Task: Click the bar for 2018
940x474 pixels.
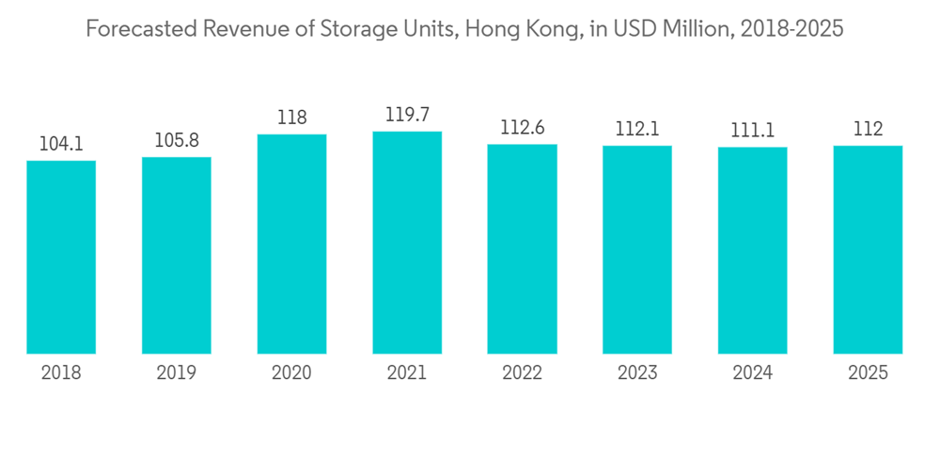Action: pyautogui.click(x=61, y=257)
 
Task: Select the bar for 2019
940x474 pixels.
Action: pyautogui.click(x=177, y=255)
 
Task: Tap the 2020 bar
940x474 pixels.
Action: pyautogui.click(x=291, y=244)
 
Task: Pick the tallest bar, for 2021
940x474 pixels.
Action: pyautogui.click(x=407, y=242)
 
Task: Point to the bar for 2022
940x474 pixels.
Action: pyautogui.click(x=522, y=248)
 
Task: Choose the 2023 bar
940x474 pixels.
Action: pyautogui.click(x=637, y=249)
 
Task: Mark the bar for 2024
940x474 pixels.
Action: pyautogui.click(x=753, y=250)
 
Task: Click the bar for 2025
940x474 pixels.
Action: pyautogui.click(x=868, y=249)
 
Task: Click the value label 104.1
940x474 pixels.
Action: pyautogui.click(x=61, y=144)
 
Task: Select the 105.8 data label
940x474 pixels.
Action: pyautogui.click(x=177, y=140)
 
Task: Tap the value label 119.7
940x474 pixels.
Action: pyautogui.click(x=407, y=115)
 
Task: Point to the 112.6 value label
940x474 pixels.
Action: pyautogui.click(x=522, y=128)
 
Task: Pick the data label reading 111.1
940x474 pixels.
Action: pyautogui.click(x=753, y=131)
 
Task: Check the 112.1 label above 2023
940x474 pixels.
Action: pyautogui.click(x=637, y=129)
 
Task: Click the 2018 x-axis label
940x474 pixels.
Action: pyautogui.click(x=61, y=372)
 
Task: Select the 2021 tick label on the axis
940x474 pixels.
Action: pyautogui.click(x=407, y=372)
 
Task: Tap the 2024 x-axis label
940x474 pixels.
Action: pyautogui.click(x=753, y=372)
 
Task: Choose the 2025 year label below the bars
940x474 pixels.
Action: pyautogui.click(x=868, y=372)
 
